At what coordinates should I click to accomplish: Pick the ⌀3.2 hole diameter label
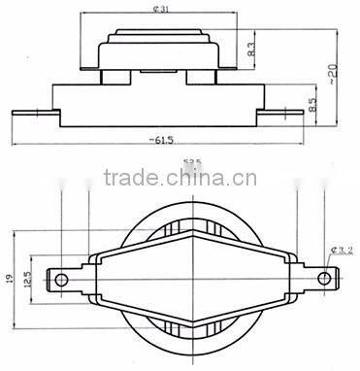[x=341, y=251]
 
